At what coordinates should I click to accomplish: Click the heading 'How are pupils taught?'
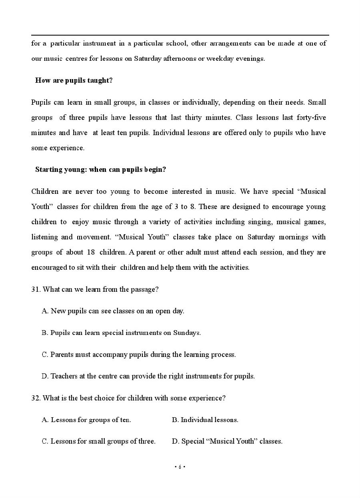pyautogui.click(x=74, y=80)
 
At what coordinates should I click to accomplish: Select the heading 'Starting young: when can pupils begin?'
pyautogui.click(x=100, y=169)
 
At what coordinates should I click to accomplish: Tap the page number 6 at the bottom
pyautogui.click(x=180, y=467)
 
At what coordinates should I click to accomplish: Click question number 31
pyautogui.click(x=36, y=289)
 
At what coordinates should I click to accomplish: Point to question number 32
pyautogui.click(x=36, y=398)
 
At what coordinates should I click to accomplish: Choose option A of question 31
pyautogui.click(x=113, y=311)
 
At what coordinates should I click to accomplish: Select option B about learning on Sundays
pyautogui.click(x=121, y=333)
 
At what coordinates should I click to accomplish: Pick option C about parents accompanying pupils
pyautogui.click(x=139, y=355)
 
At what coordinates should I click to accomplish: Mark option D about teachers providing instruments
pyautogui.click(x=148, y=376)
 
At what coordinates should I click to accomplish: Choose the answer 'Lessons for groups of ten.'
pyautogui.click(x=86, y=420)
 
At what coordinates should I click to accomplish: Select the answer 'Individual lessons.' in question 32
pyautogui.click(x=205, y=420)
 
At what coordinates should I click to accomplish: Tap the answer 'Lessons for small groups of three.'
pyautogui.click(x=98, y=441)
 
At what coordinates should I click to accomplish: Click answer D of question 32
pyautogui.click(x=227, y=441)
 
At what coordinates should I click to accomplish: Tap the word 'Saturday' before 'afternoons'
pyautogui.click(x=148, y=58)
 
